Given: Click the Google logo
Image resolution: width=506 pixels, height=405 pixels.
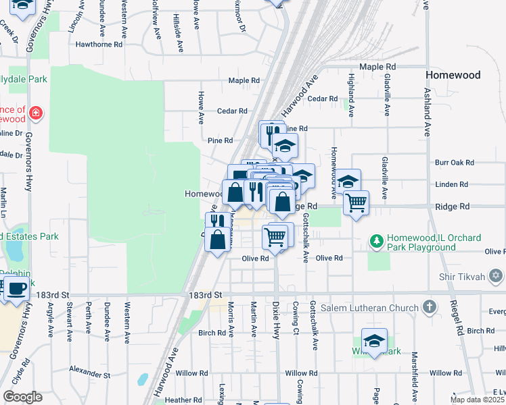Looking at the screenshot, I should (22, 397).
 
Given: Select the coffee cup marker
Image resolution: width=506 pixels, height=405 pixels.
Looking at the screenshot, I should (16, 289).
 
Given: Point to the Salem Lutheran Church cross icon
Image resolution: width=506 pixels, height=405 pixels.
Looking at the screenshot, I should (428, 308).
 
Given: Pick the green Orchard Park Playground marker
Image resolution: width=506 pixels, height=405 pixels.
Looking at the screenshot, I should (376, 240).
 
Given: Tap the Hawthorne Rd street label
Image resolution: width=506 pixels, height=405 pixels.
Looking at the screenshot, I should (99, 45).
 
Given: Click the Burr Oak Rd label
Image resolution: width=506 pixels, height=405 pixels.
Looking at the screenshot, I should (455, 163).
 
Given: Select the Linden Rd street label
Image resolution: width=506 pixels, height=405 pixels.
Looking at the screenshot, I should (453, 184).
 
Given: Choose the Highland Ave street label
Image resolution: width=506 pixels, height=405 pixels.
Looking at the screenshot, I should (351, 95).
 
